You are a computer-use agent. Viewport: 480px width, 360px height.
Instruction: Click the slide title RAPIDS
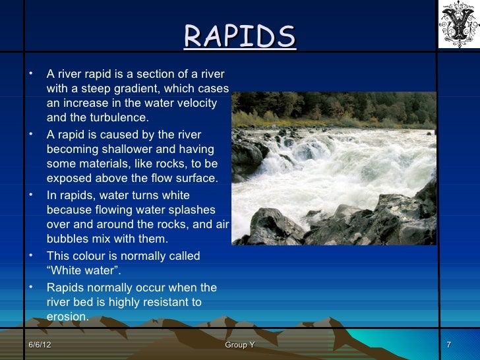click(239, 38)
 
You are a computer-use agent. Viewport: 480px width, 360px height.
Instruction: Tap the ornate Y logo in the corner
click(458, 24)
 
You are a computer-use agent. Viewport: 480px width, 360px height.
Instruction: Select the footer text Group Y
click(239, 346)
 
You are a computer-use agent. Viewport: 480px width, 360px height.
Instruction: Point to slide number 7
click(448, 346)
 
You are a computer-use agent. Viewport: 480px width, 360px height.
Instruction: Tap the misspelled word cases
click(214, 88)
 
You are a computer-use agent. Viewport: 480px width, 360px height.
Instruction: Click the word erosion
click(67, 317)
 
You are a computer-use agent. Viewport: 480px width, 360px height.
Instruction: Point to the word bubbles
click(69, 239)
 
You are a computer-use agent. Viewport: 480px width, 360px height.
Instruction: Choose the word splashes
click(192, 210)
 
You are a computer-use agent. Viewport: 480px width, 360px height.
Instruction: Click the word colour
click(86, 255)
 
